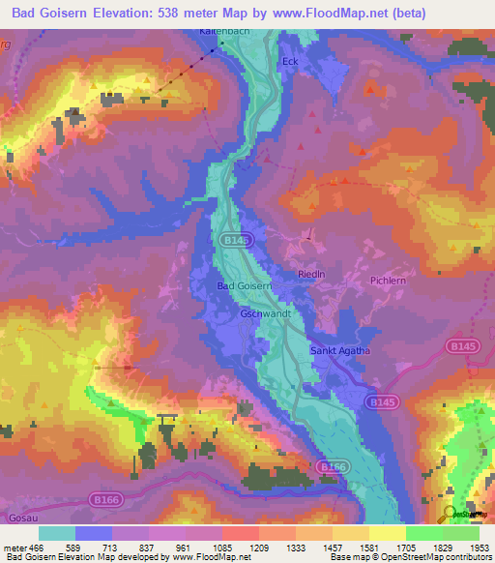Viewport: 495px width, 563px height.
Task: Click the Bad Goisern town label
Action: [x=247, y=286]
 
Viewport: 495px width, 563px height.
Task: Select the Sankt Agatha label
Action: [x=341, y=351]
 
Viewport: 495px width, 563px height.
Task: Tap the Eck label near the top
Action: [x=289, y=62]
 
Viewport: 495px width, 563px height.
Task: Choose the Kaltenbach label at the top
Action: [x=218, y=32]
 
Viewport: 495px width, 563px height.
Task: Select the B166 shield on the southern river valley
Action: [x=332, y=467]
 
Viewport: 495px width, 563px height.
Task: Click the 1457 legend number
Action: [x=320, y=548]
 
